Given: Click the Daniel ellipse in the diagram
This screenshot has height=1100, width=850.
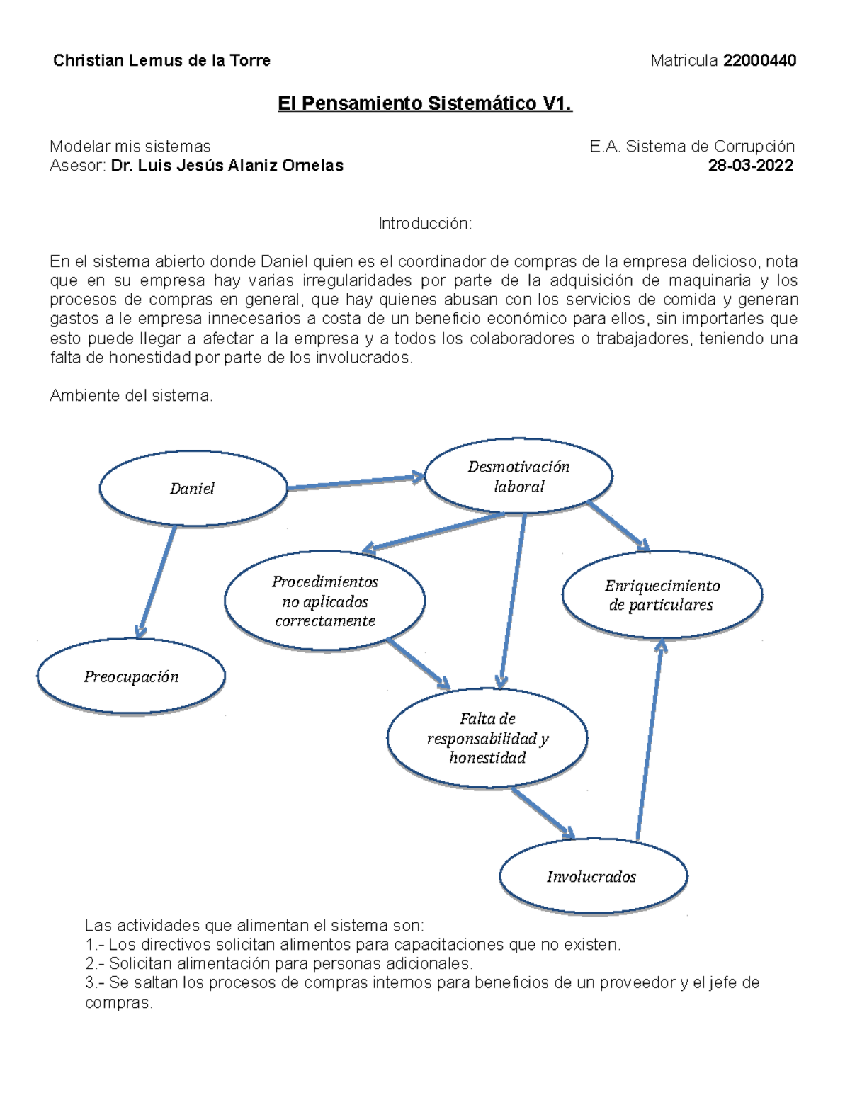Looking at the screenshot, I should (193, 489).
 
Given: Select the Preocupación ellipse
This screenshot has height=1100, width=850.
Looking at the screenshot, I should (131, 677).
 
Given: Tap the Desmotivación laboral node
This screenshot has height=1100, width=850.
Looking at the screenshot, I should (518, 477).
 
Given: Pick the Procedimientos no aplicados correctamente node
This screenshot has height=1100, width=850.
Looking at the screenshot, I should (325, 601).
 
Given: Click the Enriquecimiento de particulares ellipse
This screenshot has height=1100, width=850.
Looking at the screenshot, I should (662, 595).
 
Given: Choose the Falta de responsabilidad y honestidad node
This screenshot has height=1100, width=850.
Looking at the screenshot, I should (487, 738).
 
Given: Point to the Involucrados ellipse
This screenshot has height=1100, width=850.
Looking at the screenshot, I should (593, 877).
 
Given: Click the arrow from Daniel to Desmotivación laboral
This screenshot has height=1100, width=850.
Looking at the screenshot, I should (354, 483).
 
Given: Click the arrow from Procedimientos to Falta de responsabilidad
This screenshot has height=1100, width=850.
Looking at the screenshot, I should (418, 664).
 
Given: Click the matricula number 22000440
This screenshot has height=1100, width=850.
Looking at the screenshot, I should (759, 61).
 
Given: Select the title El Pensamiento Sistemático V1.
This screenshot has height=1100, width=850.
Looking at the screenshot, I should (424, 104).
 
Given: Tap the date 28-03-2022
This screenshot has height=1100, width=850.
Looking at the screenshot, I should (751, 166).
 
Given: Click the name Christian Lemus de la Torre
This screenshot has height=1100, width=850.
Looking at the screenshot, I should (161, 61).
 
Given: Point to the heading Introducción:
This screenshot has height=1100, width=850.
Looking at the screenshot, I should (424, 224).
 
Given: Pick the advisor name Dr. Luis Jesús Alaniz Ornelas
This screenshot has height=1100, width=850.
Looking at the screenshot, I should (227, 166).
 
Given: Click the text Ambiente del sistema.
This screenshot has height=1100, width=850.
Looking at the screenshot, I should (131, 396).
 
